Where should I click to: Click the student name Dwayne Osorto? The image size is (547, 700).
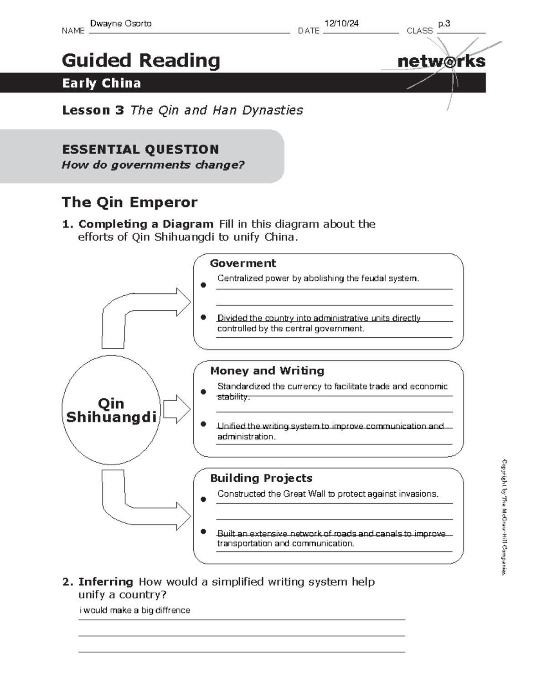tap(121, 24)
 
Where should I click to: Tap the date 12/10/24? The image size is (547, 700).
tap(341, 24)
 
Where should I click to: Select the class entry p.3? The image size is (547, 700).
tap(444, 24)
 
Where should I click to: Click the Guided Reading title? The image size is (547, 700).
tap(141, 60)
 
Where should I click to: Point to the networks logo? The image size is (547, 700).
tap(441, 62)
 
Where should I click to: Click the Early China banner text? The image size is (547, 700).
tap(102, 83)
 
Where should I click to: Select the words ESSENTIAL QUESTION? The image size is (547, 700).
tap(140, 149)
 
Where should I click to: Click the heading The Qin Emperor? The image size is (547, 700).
tap(129, 202)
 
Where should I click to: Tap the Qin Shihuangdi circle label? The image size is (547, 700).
tap(111, 410)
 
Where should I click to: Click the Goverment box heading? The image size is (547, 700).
tap(243, 263)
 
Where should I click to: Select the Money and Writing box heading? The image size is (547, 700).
tap(267, 371)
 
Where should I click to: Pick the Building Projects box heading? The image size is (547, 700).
tap(261, 478)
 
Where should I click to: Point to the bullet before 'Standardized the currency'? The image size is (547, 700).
tap(203, 392)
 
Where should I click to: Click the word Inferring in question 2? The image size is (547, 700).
tap(106, 582)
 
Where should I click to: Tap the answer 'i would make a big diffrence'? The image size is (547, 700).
tap(135, 611)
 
